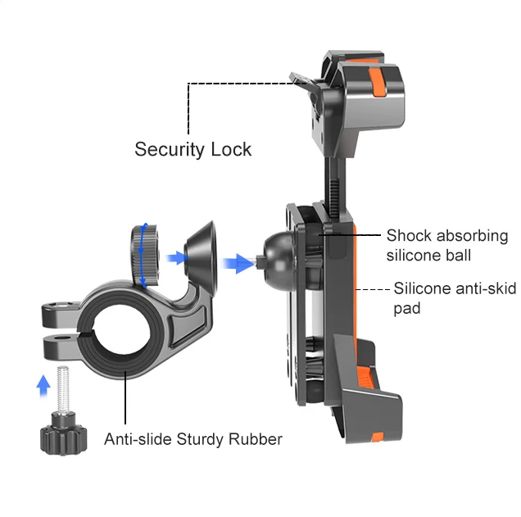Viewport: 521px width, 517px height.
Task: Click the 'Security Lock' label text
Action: (x=193, y=149)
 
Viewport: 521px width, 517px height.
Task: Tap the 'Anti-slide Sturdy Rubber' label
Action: (x=193, y=439)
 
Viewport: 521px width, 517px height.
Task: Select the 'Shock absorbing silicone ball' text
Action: (x=446, y=245)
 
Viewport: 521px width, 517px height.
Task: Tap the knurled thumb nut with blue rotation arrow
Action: (x=144, y=253)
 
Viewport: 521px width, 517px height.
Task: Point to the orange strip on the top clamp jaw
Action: (x=378, y=83)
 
